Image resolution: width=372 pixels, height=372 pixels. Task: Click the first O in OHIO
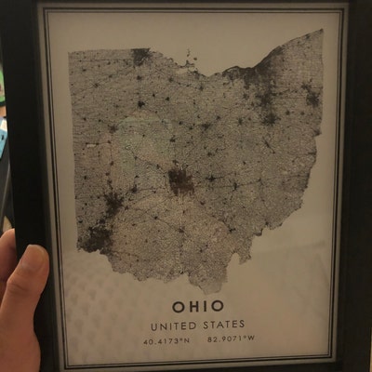176,306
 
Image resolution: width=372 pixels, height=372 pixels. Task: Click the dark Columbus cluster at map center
177,179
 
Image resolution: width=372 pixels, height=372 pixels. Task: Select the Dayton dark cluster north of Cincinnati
114,199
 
